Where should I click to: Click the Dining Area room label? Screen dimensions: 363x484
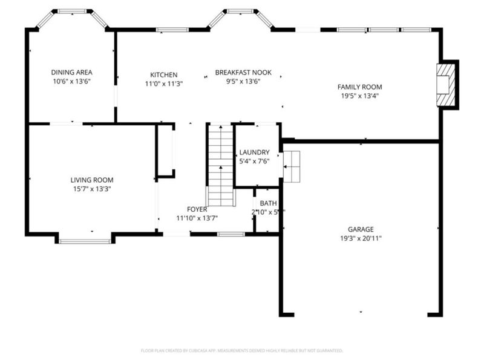(x=71, y=72)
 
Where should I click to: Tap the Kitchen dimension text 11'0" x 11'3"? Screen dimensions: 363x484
(x=164, y=83)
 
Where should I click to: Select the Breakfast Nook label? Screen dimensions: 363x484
(x=243, y=73)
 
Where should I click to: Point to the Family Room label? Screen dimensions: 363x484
(x=359, y=87)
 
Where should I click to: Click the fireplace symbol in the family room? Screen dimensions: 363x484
(x=446, y=85)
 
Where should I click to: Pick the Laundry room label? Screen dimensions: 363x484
(x=254, y=152)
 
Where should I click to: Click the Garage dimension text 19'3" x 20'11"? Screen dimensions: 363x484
(x=360, y=238)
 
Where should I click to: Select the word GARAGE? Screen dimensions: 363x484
(x=360, y=229)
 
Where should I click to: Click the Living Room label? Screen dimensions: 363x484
(x=92, y=180)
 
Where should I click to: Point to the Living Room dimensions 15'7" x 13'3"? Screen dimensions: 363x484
(x=92, y=189)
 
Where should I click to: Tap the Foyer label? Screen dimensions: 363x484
(x=197, y=209)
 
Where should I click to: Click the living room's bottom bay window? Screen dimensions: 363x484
(x=85, y=241)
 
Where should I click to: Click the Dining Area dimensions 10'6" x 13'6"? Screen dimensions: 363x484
(x=71, y=81)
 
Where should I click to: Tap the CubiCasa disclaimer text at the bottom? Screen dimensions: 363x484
(x=242, y=350)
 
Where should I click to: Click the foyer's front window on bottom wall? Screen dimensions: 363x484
(x=231, y=234)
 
